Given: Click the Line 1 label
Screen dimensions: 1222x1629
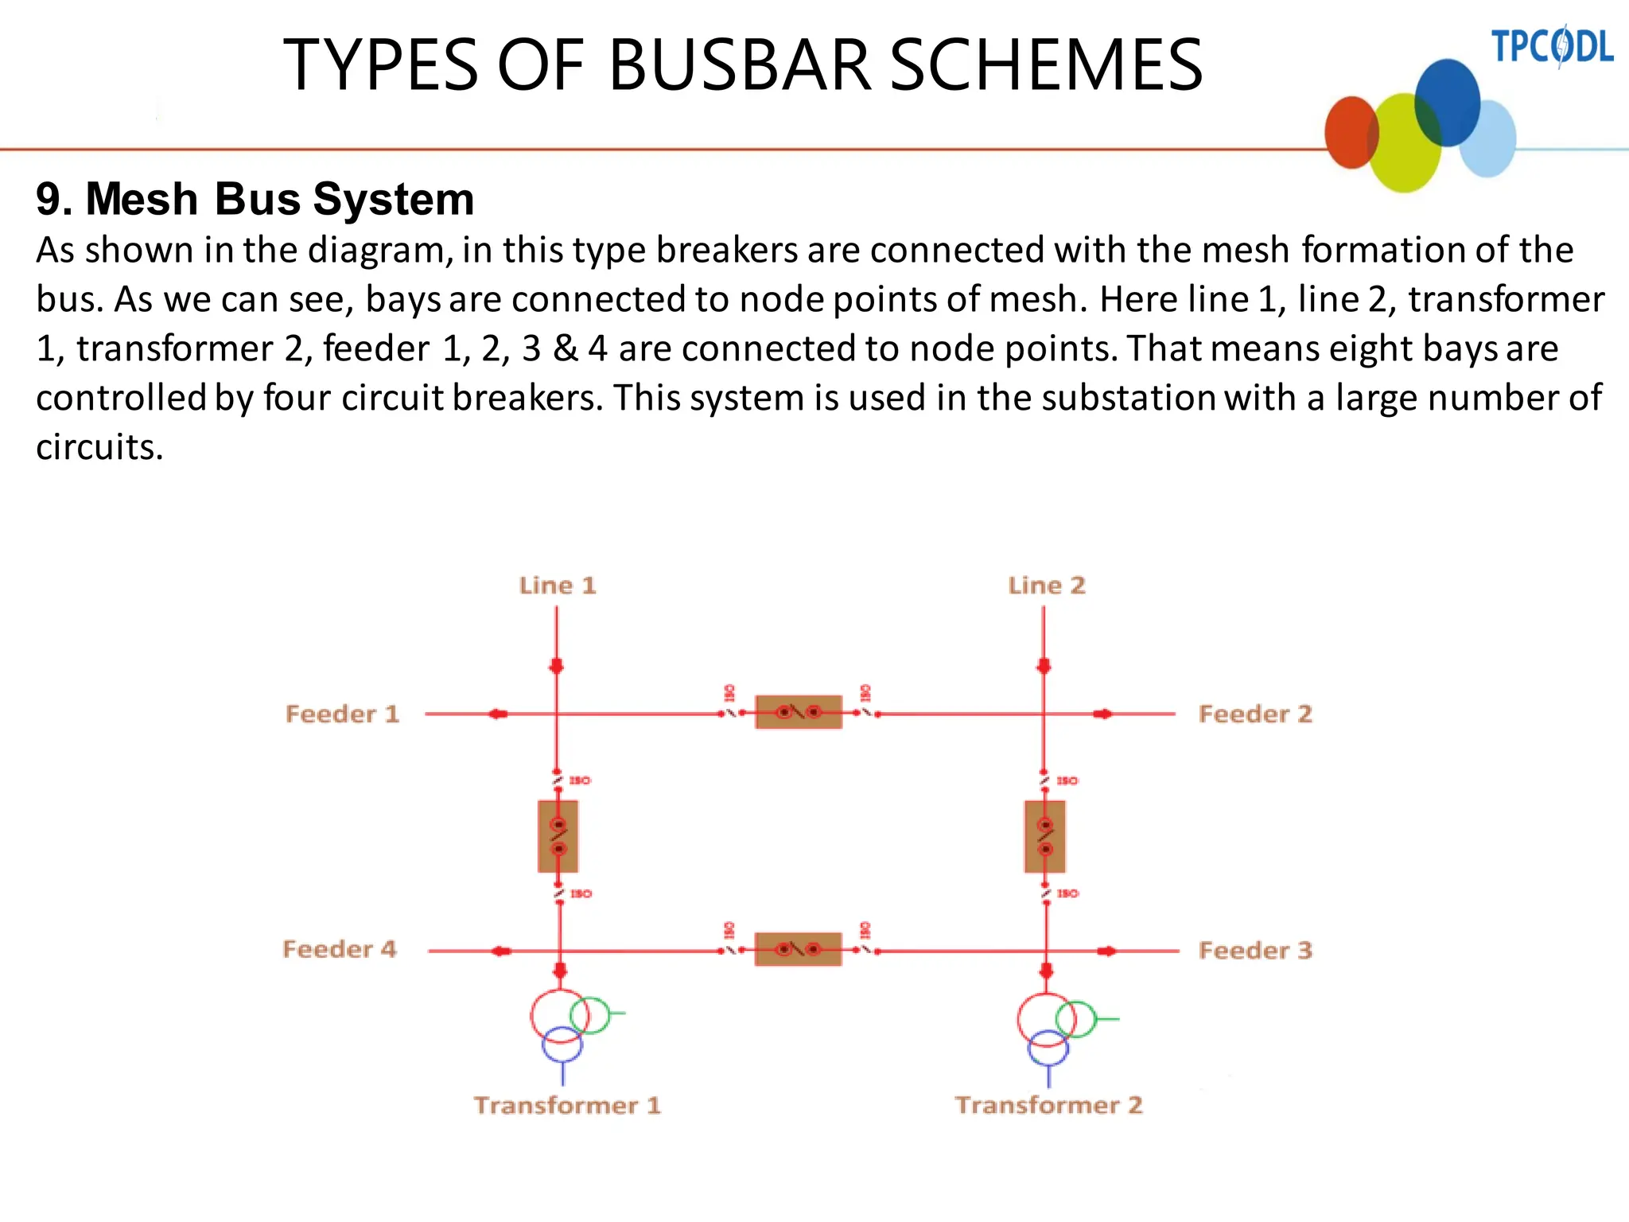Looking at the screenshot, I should coord(557,586).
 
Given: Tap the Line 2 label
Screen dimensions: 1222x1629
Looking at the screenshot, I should coord(1046,586).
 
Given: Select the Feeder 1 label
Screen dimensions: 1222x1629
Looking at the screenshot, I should coord(342,714).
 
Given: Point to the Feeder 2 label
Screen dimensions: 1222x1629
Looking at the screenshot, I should coord(1254,714).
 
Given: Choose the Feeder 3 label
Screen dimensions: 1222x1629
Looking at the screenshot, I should coord(1254,950).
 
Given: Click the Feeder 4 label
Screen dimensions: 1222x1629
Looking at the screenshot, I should coord(340,949).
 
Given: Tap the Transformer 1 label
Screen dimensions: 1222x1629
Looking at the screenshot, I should coord(567,1105).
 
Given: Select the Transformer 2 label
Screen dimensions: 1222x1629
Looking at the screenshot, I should coord(1048,1105).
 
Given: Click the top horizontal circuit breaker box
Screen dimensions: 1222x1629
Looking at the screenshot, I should coord(798,712).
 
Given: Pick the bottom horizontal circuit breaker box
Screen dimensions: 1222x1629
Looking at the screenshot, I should coord(798,949).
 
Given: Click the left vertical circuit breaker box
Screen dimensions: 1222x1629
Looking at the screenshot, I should coord(558,836).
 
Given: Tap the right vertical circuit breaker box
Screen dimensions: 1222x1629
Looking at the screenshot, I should coord(1045,836).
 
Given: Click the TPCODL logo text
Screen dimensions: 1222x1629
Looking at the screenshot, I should coord(1551,46).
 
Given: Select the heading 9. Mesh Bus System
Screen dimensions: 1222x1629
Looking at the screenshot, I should coord(255,199).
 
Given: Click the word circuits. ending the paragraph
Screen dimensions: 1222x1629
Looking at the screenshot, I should coord(99,447).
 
